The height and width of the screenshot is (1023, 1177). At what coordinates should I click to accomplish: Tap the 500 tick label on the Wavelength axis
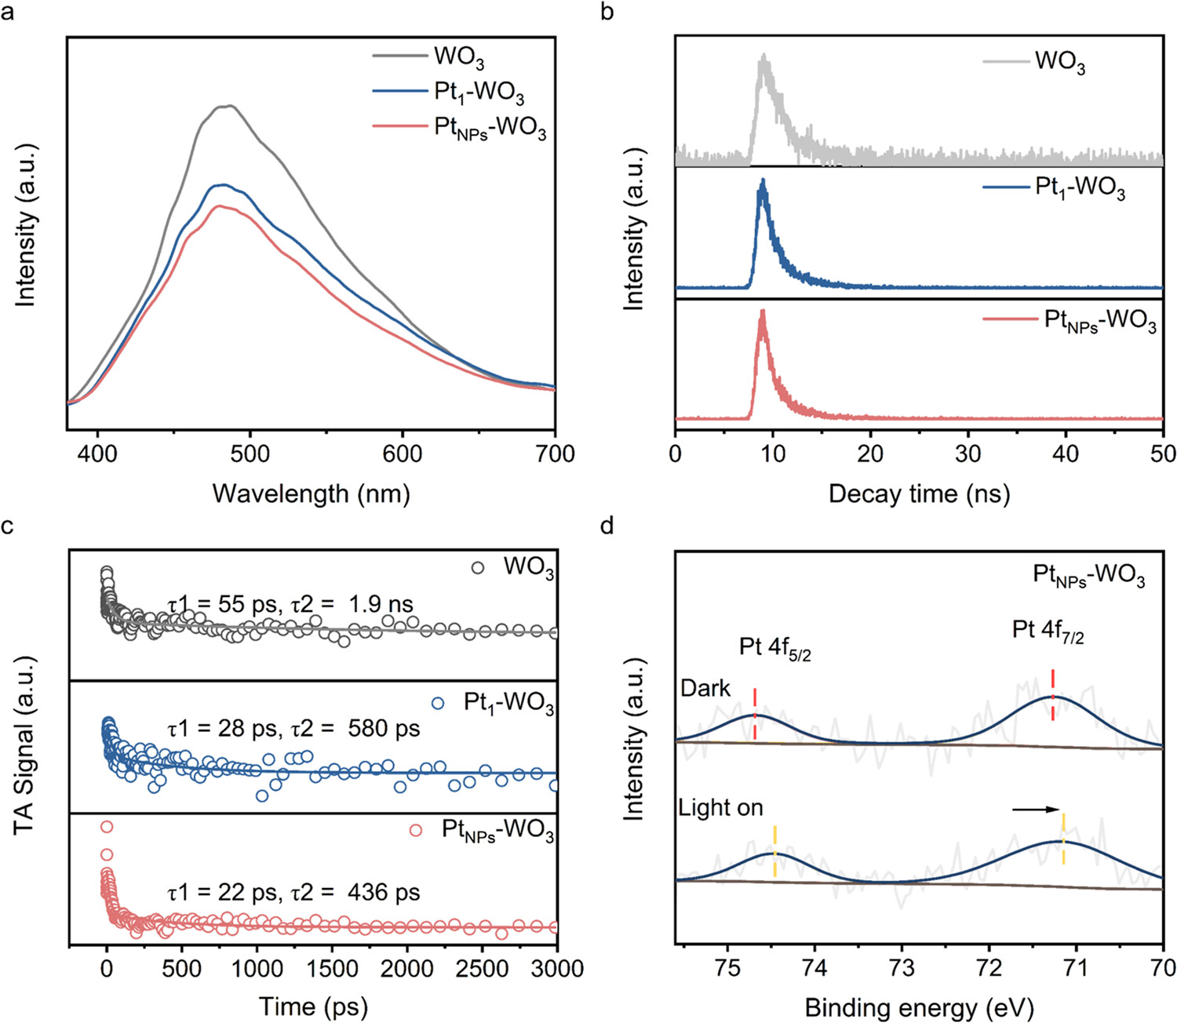tap(250, 454)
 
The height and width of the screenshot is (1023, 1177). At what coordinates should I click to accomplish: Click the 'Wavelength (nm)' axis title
tap(311, 493)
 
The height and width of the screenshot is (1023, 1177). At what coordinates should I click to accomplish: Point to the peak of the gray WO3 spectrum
tap(228, 106)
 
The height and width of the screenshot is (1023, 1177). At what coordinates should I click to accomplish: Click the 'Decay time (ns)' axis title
tap(919, 493)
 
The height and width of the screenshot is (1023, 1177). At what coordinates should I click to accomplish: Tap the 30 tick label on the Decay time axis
tap(967, 454)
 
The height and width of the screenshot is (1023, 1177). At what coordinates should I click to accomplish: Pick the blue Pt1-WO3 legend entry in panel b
tap(1053, 188)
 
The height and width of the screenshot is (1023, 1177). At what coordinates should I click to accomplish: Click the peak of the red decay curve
tap(762, 311)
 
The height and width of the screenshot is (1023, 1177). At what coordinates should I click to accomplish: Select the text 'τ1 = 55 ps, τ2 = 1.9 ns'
tap(290, 604)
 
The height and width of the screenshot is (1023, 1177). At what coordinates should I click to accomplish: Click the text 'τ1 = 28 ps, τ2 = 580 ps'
tap(293, 729)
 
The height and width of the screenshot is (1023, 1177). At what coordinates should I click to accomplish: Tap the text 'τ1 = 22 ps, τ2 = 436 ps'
tap(293, 892)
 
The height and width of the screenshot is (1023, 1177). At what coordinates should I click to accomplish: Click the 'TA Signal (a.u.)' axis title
tap(25, 745)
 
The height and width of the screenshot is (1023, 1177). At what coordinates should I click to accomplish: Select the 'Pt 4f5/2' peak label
tap(774, 648)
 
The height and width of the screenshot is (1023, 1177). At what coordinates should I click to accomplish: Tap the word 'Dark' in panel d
tap(705, 688)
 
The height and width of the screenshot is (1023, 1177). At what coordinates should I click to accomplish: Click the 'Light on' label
tap(720, 807)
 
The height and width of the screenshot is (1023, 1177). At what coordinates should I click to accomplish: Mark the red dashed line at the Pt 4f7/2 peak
tap(1052, 694)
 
